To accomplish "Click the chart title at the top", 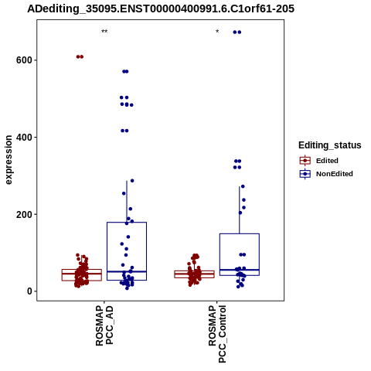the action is (x=161, y=9).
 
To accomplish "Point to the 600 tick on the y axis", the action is (x=26, y=60).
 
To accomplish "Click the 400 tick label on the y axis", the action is (x=26, y=137).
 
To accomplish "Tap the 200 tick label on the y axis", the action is (x=26, y=214).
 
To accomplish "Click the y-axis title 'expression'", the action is (x=9, y=160).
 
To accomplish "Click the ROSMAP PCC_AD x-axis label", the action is (x=104, y=325).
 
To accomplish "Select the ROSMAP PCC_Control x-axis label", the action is (x=217, y=334).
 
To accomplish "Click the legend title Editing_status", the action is (x=330, y=145).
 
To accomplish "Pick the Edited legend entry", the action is (x=319, y=161).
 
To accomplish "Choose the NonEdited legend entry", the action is (x=326, y=174).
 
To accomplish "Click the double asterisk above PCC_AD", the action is (x=104, y=32).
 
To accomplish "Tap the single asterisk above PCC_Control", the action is (x=217, y=32).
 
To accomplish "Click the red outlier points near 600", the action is (x=80, y=56).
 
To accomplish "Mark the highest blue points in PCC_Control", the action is (x=237, y=32).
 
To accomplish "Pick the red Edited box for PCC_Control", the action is (x=194, y=274).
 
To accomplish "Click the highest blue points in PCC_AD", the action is (x=125, y=71).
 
